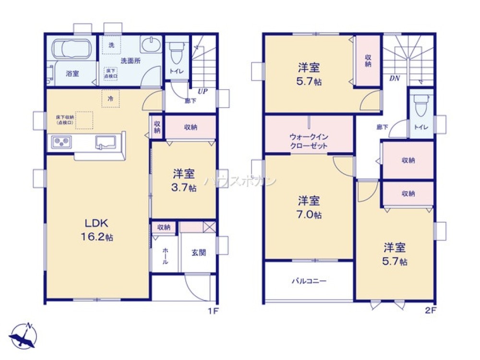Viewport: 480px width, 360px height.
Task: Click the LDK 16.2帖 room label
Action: click(x=99, y=229)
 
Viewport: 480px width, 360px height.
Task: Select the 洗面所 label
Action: click(x=130, y=61)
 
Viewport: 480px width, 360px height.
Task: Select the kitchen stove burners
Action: click(x=62, y=142)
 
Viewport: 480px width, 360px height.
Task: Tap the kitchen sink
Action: click(x=107, y=143)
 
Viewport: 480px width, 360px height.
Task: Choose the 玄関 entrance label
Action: click(x=198, y=252)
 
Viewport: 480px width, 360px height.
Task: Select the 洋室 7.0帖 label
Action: click(x=309, y=206)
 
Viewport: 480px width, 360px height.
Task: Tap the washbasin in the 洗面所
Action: click(x=151, y=47)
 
